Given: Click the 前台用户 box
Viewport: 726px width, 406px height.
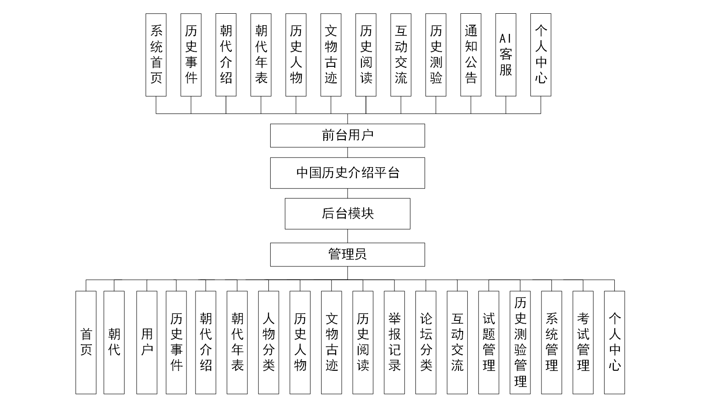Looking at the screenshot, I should (347, 135).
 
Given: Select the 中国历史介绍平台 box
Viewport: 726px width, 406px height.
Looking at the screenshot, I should (347, 173).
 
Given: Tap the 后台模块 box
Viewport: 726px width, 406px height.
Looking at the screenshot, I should (347, 214).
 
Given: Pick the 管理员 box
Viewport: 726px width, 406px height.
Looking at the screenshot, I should (347, 254).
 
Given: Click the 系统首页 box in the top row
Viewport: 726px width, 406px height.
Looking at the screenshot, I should (156, 55).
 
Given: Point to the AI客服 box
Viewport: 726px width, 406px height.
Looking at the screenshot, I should (506, 55).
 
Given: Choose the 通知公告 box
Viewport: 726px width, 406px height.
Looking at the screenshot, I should (470, 55).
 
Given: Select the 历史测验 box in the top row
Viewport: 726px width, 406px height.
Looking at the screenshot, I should (436, 55).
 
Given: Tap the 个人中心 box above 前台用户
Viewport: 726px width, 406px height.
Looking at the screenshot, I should (540, 55).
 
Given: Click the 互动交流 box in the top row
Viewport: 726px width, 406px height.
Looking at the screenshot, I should (401, 55).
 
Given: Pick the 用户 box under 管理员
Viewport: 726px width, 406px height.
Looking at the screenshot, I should (147, 342).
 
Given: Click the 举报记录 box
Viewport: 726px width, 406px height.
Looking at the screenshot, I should (394, 342).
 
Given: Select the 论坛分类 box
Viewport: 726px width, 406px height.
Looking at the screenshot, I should (426, 342).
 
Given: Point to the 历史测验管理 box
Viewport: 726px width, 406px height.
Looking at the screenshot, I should (520, 342).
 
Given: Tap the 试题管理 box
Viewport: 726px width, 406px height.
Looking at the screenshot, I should (489, 342).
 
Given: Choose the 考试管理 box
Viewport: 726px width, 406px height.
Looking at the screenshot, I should (583, 342).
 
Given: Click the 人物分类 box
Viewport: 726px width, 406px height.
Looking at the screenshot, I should (268, 342).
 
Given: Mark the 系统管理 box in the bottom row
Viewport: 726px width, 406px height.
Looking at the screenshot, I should (551, 342).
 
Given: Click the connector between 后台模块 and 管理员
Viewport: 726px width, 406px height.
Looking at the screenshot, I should (347, 236).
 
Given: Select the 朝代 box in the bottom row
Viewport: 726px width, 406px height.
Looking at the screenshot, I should (114, 342).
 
